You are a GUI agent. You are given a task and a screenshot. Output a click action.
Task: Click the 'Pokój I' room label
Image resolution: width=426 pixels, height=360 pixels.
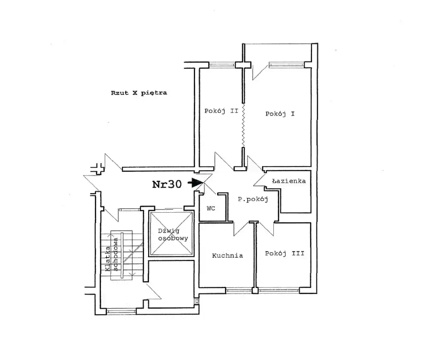280,114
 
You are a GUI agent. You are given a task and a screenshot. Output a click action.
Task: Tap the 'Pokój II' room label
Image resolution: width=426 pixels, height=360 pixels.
221,111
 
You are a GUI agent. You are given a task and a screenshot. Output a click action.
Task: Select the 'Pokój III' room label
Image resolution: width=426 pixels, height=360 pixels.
285,253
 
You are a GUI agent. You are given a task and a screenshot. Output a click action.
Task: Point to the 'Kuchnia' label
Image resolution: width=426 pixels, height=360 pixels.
228,256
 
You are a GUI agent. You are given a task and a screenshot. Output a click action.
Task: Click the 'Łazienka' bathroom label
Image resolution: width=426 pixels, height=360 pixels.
289,181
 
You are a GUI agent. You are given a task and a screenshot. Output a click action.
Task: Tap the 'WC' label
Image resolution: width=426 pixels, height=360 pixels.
211,209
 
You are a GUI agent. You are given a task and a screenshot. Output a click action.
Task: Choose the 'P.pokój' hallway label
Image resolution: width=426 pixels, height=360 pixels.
253,199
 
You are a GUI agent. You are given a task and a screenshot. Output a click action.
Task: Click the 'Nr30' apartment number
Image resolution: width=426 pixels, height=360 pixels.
167,184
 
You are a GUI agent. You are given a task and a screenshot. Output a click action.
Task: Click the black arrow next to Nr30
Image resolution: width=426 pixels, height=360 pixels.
196,183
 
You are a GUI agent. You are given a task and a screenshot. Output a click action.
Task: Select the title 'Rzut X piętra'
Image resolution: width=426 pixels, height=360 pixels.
139,93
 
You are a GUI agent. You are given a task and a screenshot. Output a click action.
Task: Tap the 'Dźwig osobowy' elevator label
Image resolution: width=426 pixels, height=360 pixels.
173,235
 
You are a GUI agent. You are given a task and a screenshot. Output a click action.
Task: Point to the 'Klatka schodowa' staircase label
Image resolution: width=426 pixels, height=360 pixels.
111,255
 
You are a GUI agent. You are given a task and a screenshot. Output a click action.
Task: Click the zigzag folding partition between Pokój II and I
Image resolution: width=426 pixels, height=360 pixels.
243,126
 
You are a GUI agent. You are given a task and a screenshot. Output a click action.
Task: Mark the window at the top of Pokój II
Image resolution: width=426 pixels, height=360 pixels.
222,65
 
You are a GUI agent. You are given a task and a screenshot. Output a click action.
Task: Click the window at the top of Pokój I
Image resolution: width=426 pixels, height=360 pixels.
286,65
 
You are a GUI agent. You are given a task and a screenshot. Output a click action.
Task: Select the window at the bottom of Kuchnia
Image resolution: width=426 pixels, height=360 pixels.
239,290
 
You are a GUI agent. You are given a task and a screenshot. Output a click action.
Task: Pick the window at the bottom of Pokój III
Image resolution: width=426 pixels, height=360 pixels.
279,290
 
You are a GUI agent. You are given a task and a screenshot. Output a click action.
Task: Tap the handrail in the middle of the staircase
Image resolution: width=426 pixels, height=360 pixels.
122,256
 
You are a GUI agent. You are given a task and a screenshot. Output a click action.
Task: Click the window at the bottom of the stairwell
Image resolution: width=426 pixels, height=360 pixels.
121,311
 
